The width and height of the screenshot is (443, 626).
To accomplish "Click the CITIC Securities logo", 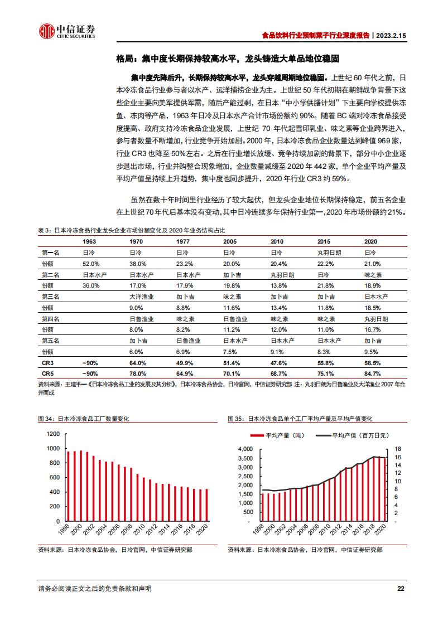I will pyautogui.click(x=66, y=31).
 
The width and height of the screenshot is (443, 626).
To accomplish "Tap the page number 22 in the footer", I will pyautogui.click(x=400, y=588).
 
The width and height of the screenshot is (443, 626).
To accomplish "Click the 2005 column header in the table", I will pyautogui.click(x=229, y=241).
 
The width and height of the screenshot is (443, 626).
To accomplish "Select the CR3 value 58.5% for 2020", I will pyautogui.click(x=372, y=363).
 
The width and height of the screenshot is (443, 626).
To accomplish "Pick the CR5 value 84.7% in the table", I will pyautogui.click(x=372, y=373).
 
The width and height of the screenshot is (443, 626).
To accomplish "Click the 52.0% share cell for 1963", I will pyautogui.click(x=91, y=264).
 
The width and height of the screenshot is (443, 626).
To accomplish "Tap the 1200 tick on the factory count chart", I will pyautogui.click(x=53, y=434).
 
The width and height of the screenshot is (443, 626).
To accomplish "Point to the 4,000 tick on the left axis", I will pyautogui.click(x=245, y=449).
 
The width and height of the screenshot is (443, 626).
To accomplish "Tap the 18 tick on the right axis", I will pyautogui.click(x=398, y=449).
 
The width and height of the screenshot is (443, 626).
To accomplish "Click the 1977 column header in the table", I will pyautogui.click(x=182, y=241).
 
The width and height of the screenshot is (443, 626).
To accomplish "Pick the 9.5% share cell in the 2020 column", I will pyautogui.click(x=372, y=352).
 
